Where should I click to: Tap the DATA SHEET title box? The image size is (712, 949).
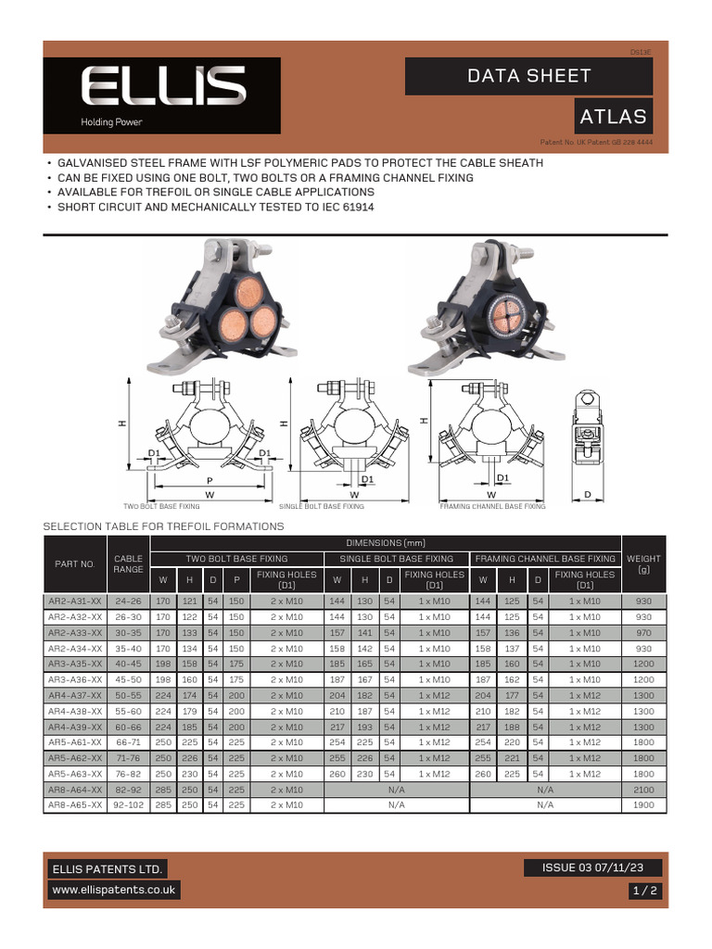[528, 76]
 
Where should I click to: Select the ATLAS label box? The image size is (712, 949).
[613, 117]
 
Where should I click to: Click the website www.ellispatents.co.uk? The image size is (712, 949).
[114, 890]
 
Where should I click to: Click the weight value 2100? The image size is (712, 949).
[644, 790]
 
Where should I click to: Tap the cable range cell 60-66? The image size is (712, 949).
[128, 727]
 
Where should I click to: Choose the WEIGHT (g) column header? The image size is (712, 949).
[644, 564]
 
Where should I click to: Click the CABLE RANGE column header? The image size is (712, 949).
[128, 564]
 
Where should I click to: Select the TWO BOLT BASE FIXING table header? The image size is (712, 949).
[236, 559]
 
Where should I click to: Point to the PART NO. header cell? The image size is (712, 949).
[76, 564]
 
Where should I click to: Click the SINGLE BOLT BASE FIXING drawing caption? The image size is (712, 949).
[322, 507]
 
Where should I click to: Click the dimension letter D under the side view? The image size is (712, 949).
[587, 496]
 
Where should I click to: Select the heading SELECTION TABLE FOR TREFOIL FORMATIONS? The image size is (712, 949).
[164, 526]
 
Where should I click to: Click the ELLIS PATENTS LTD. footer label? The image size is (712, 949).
[108, 869]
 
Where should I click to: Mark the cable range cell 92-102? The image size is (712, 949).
[128, 804]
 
